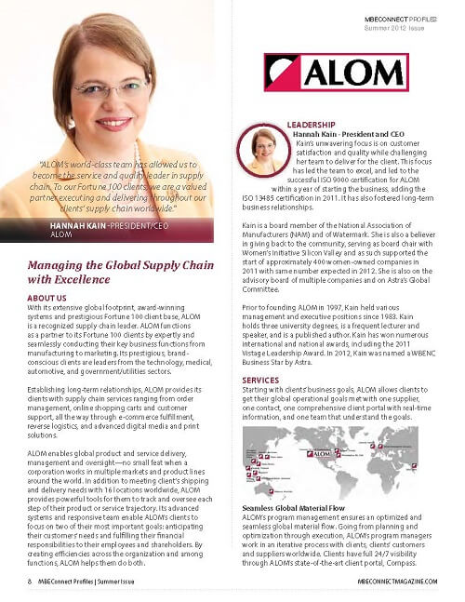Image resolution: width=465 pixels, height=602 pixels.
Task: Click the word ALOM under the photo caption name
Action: click(60, 234)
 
